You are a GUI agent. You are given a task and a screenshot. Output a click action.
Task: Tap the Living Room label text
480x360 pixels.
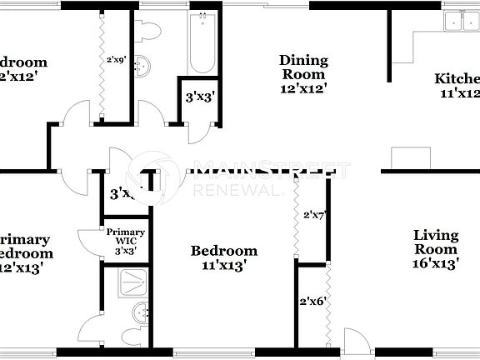coord(436,242)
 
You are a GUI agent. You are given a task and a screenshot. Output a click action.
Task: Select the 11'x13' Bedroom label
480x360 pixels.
coord(223,258)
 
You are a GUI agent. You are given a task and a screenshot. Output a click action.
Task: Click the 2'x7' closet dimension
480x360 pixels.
coord(313,215)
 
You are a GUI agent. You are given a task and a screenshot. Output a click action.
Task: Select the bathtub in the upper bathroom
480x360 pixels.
coord(202,45)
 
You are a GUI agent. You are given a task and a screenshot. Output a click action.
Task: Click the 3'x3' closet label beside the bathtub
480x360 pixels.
coord(200,97)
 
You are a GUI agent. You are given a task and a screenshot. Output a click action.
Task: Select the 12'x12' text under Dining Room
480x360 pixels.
coord(303,87)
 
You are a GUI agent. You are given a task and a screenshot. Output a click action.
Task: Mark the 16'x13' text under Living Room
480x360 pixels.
coord(436,263)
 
